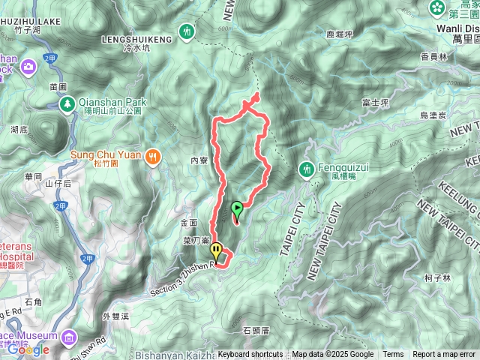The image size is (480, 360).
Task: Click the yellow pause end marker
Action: (216, 250)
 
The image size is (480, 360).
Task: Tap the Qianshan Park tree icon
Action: (67, 102)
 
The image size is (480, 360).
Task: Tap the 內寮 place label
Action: (199, 160)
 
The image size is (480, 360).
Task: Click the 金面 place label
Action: (188, 223)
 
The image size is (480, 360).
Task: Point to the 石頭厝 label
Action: (256, 329)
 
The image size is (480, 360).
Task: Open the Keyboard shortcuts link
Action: (250, 355)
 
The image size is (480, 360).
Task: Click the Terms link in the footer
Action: (393, 355)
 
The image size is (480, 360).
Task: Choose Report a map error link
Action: (445, 355)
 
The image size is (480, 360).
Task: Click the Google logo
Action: (28, 349)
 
